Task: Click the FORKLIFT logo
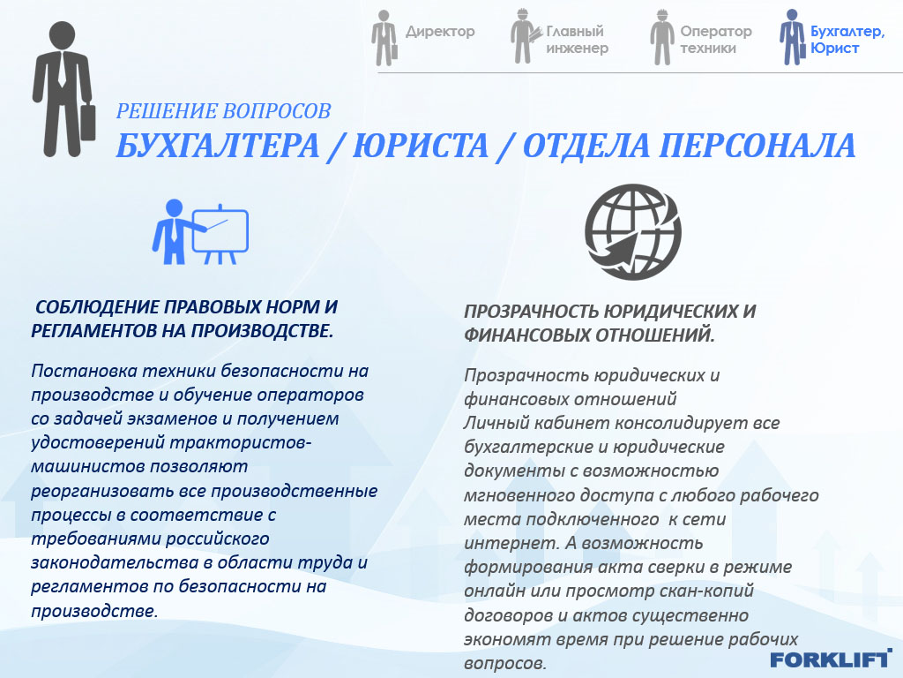[831, 659]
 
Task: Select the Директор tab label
[440, 31]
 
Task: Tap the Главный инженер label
[577, 39]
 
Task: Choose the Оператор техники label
[716, 39]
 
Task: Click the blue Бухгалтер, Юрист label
[847, 39]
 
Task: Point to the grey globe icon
[633, 232]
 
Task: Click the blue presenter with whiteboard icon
[200, 232]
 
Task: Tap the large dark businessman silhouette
[63, 89]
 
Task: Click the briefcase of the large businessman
[87, 122]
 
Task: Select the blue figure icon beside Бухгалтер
[793, 37]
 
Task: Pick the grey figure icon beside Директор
[384, 38]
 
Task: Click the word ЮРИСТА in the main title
[421, 146]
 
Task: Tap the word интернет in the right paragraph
[511, 543]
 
